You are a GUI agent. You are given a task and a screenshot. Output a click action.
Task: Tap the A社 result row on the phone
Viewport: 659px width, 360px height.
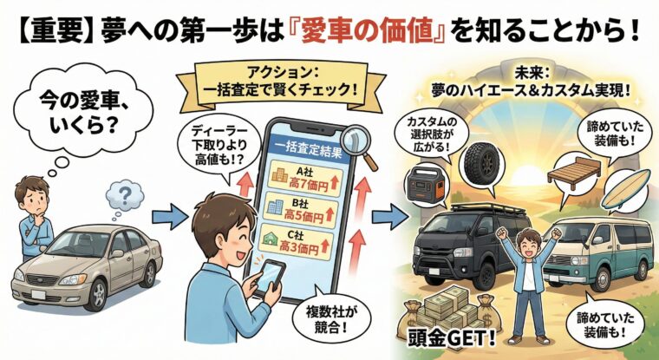306,177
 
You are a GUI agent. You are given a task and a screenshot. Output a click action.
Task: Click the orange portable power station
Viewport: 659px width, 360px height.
425,186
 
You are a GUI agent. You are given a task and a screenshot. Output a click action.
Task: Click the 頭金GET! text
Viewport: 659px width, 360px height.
451,337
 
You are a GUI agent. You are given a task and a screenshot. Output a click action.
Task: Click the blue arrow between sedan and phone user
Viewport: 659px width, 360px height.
170,217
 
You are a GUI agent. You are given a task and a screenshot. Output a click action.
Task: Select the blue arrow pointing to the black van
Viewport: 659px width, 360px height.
390,218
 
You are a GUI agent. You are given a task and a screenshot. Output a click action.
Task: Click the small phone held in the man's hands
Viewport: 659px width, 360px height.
270,277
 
